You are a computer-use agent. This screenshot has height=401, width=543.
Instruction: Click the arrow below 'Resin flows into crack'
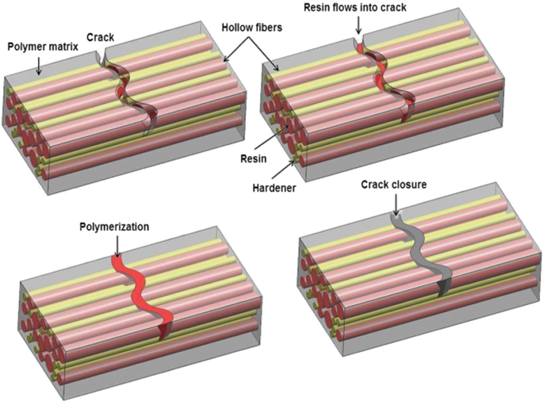tap(358, 25)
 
